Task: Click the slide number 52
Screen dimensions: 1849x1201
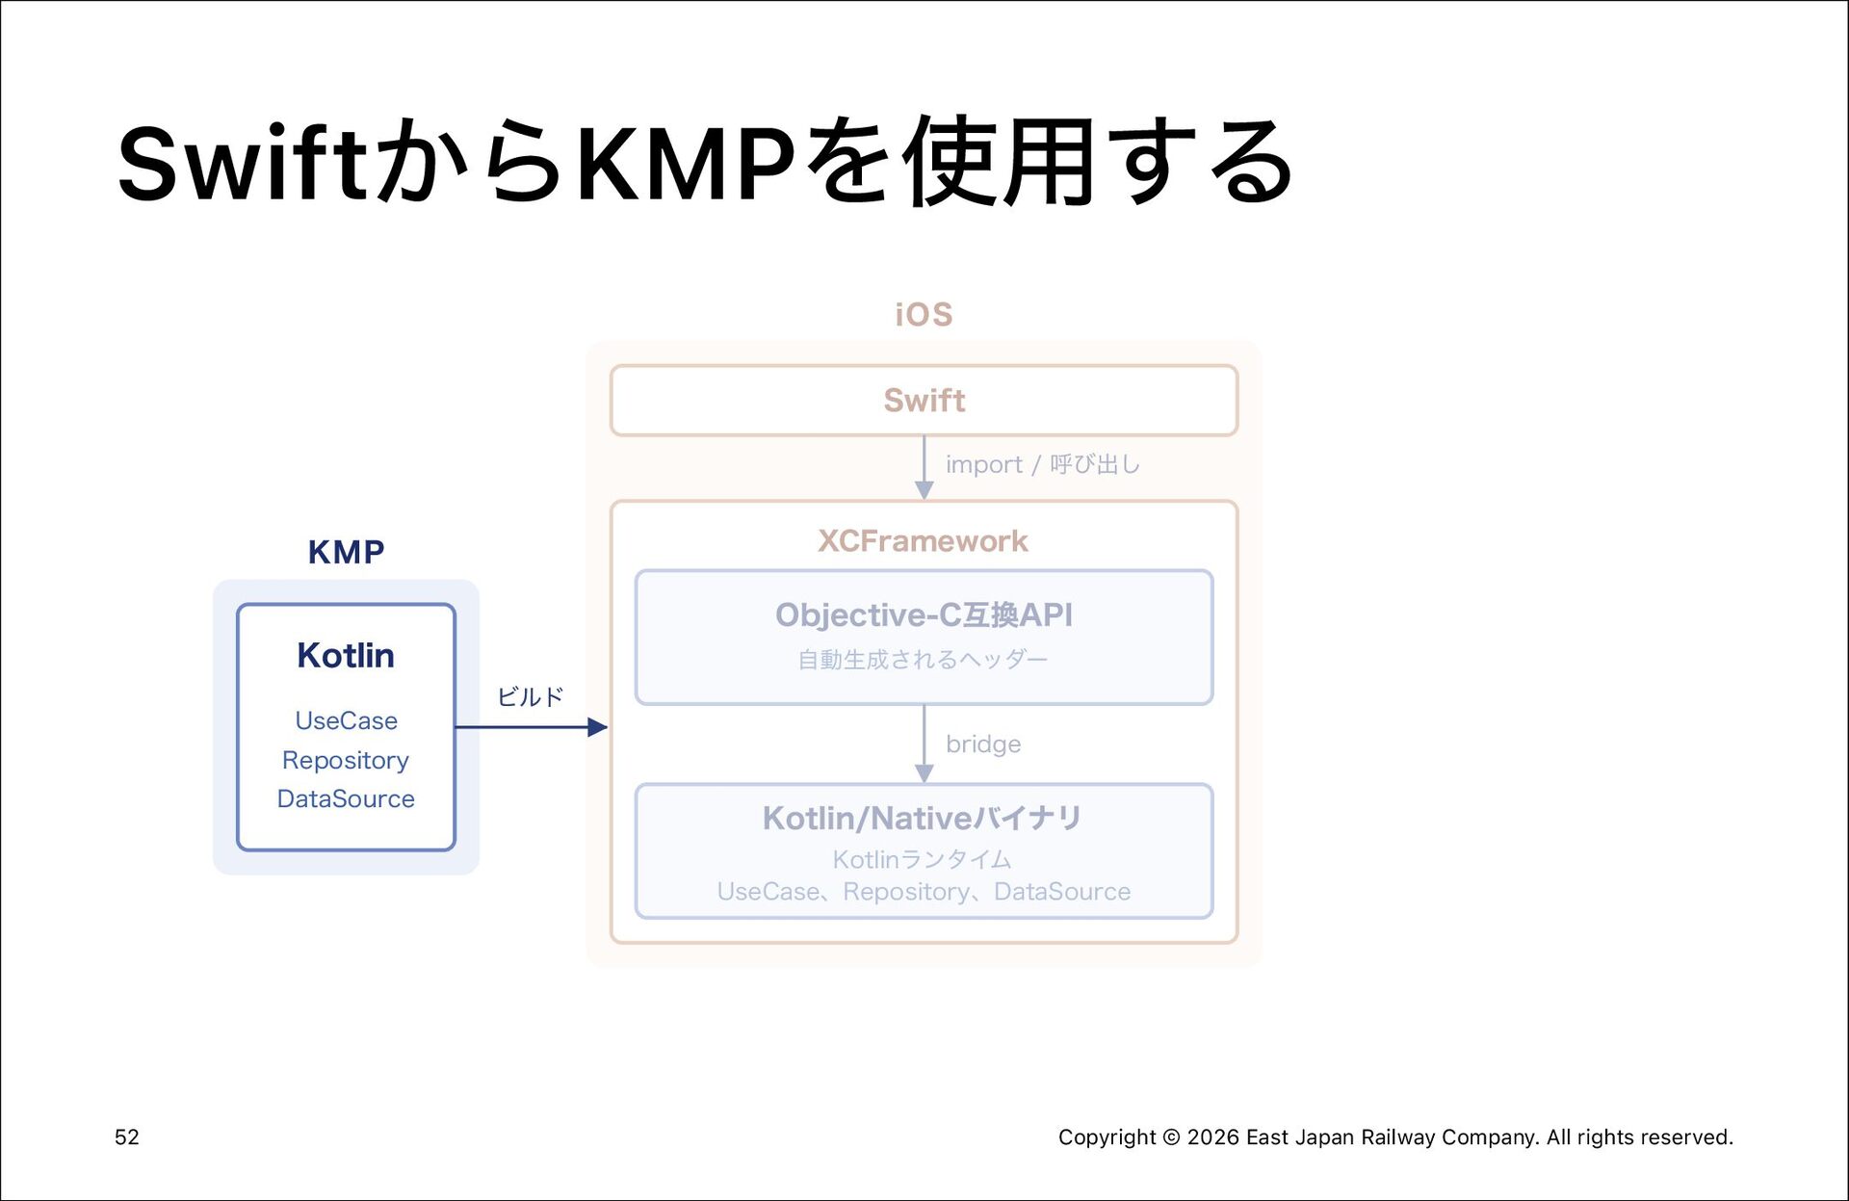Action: tap(127, 1137)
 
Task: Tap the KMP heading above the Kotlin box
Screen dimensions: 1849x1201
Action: tap(346, 552)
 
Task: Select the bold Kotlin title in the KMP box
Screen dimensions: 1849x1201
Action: tap(346, 655)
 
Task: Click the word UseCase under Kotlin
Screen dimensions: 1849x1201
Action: tap(346, 720)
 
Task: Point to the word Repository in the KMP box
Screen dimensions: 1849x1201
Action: tap(346, 761)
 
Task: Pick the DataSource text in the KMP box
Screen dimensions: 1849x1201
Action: tap(346, 798)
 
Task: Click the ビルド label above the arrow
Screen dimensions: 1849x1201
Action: tap(530, 696)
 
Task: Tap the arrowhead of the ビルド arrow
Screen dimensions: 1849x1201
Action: tap(598, 727)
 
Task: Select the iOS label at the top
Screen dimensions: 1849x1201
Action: tap(924, 314)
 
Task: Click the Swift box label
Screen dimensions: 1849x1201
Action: tap(924, 400)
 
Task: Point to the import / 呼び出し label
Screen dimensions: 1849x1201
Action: tap(1043, 464)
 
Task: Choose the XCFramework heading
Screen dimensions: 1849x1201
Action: tap(924, 540)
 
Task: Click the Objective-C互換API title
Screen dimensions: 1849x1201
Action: tap(924, 614)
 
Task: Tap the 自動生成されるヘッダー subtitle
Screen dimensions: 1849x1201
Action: tap(923, 660)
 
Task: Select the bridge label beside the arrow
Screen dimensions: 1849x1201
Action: tap(983, 744)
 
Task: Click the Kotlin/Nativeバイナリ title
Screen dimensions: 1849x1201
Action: tap(923, 818)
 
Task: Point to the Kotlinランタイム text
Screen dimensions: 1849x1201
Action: tap(923, 859)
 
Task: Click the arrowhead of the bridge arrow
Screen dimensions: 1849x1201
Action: tap(924, 773)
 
